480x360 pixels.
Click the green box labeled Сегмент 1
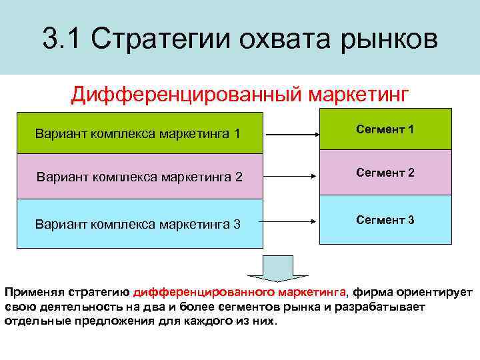[385, 129]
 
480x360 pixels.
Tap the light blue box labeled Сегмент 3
[385, 219]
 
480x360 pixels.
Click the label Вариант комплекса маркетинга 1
[137, 134]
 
